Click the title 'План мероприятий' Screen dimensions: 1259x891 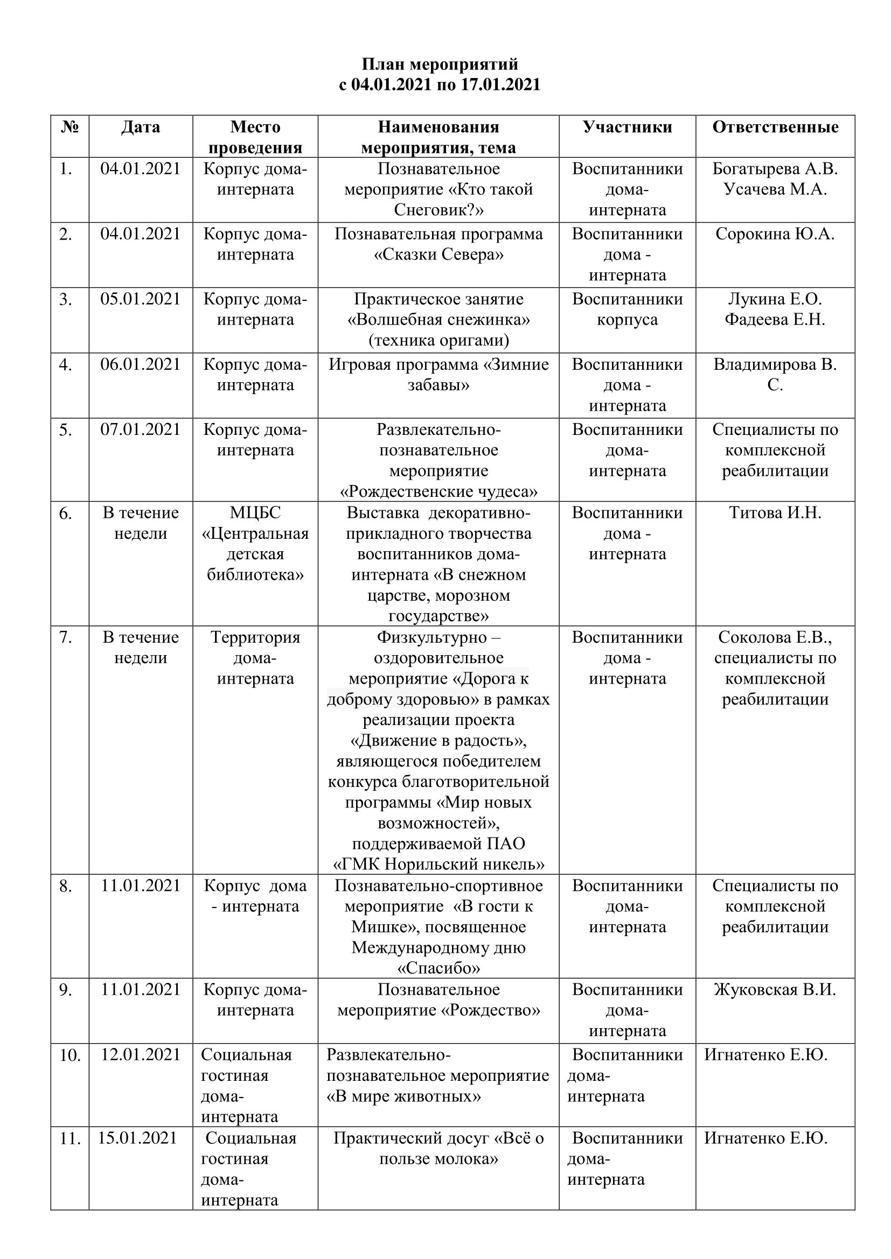click(x=440, y=64)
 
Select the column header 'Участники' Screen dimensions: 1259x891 click(x=627, y=126)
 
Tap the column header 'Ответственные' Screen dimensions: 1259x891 click(x=775, y=126)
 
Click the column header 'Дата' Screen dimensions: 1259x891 click(x=141, y=126)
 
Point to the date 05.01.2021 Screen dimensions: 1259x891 click(x=141, y=299)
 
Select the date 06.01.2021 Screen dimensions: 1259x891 click(x=141, y=364)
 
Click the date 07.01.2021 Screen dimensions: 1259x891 click(x=141, y=430)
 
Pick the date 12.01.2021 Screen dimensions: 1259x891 click(x=141, y=1054)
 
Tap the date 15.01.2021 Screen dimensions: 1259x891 click(x=137, y=1138)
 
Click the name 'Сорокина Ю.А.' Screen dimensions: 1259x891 click(x=775, y=234)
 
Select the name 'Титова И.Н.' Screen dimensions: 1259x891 click(x=775, y=513)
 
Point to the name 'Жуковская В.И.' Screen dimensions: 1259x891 click(x=775, y=990)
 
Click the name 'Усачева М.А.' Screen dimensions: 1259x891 click(x=775, y=189)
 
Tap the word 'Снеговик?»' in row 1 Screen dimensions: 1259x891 click(x=438, y=210)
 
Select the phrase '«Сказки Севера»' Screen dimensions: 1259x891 click(x=438, y=255)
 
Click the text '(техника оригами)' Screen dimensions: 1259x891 click(x=438, y=341)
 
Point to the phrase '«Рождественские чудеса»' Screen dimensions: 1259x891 click(x=438, y=491)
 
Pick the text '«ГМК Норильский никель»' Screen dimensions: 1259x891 click(x=438, y=865)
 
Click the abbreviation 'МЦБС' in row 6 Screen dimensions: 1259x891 click(x=255, y=513)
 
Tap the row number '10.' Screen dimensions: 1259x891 click(x=69, y=1054)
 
